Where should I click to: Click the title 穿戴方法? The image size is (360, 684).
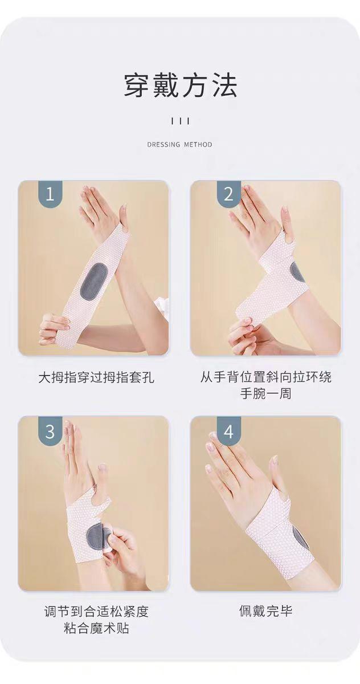[x=180, y=85]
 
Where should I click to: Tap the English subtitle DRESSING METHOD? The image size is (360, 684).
[x=179, y=144]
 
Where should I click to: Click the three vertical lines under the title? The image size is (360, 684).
[x=180, y=121]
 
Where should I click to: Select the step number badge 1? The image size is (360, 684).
[x=50, y=194]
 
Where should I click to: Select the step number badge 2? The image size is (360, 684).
[x=229, y=194]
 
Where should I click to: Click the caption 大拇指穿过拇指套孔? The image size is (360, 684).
[x=96, y=377]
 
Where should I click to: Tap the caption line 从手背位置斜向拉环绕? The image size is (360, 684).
[x=266, y=377]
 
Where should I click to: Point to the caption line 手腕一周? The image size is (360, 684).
[x=266, y=393]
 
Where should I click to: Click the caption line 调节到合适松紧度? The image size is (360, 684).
[x=96, y=612]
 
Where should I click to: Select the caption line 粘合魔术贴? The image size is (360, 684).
[x=96, y=628]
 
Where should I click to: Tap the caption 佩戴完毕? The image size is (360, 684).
[x=266, y=611]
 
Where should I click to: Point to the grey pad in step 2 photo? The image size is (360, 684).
[x=297, y=272]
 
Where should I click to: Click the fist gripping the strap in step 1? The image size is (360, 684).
[x=54, y=328]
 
